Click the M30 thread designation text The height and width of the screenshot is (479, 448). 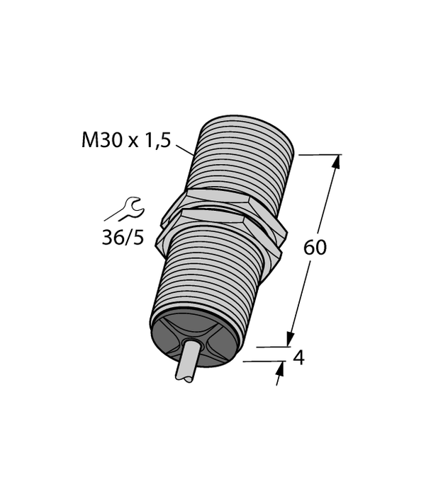pos(102,140)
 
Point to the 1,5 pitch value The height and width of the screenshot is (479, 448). pos(157,140)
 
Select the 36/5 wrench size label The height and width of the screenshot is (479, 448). pos(122,237)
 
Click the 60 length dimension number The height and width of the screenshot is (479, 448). pos(315,248)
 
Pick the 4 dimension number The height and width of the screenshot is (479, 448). pos(298,358)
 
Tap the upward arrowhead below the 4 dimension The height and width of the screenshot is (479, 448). pos(280,369)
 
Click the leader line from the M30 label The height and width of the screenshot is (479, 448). pos(184,150)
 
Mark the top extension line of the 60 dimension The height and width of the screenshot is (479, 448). pos(319,154)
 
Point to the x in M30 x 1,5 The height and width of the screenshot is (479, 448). pos(133,142)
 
